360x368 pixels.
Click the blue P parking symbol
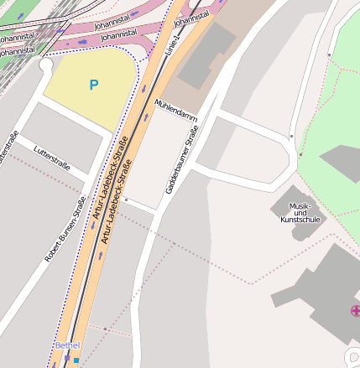pos(93,85)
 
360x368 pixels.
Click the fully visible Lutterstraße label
pos(52,158)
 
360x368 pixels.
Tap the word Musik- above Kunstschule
pos(300,207)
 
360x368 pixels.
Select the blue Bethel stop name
pos(67,345)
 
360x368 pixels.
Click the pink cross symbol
pos(355,311)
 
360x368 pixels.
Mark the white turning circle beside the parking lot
pos(45,64)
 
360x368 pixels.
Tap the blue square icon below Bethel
pos(77,360)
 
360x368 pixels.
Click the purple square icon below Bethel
pos(67,358)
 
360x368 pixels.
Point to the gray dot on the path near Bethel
pos(125,200)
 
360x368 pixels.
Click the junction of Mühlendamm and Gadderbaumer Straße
pos(217,109)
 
